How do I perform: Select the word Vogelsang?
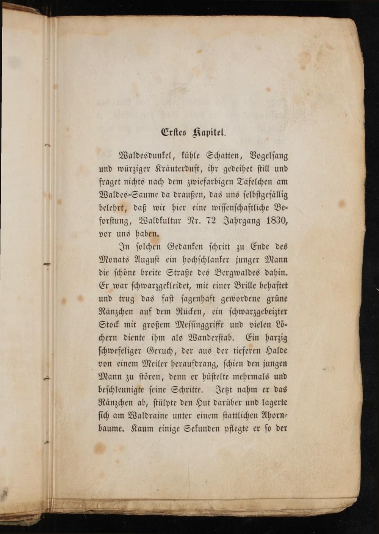tap(268, 156)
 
